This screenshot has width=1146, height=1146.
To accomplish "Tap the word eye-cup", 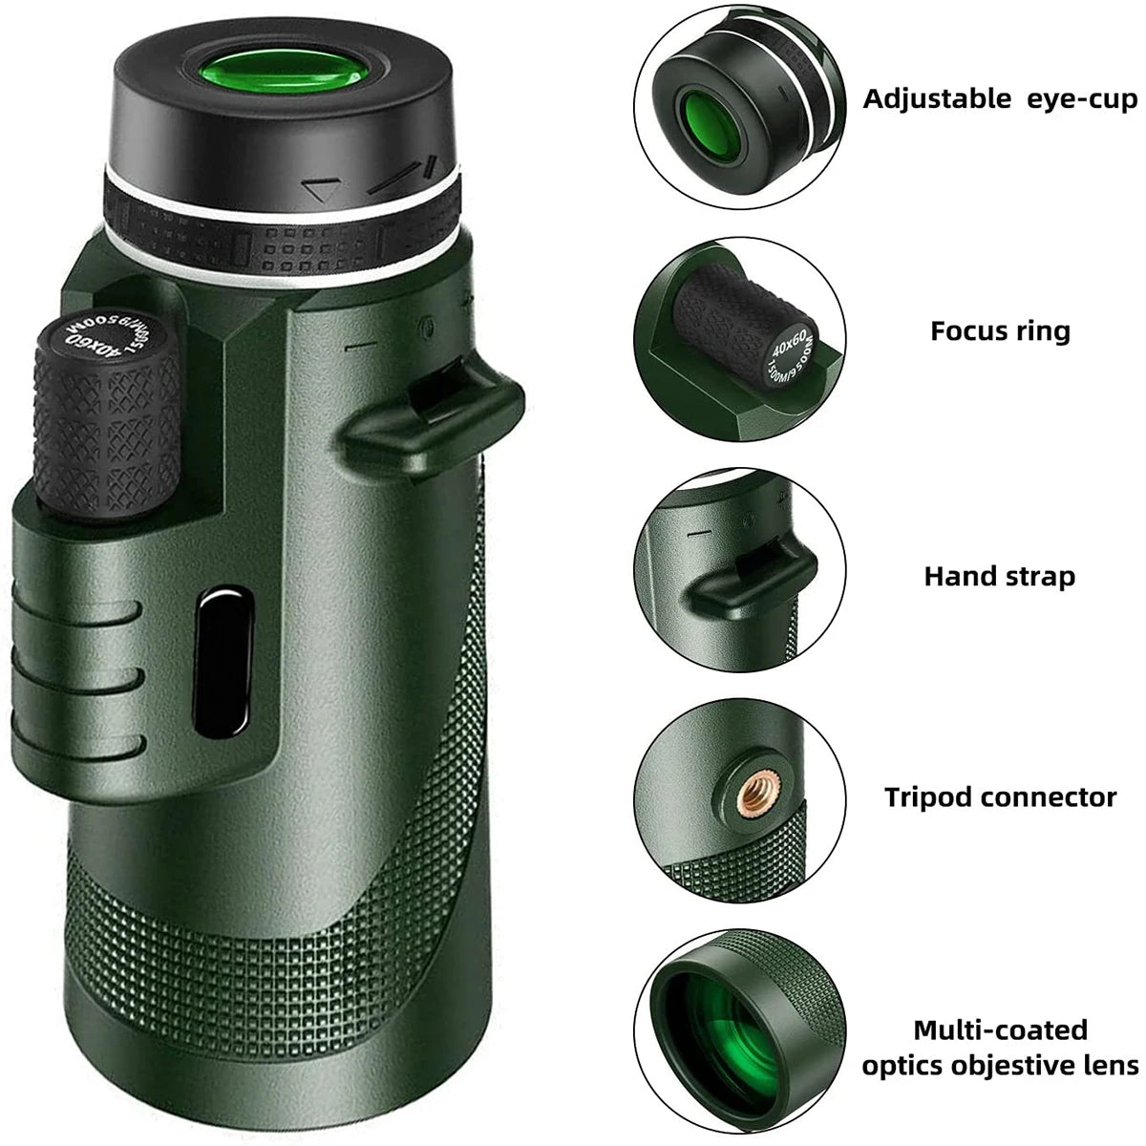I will [x=1079, y=98].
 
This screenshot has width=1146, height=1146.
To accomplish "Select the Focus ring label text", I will [x=1000, y=331].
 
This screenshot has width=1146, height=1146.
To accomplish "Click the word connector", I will [x=1054, y=796].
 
